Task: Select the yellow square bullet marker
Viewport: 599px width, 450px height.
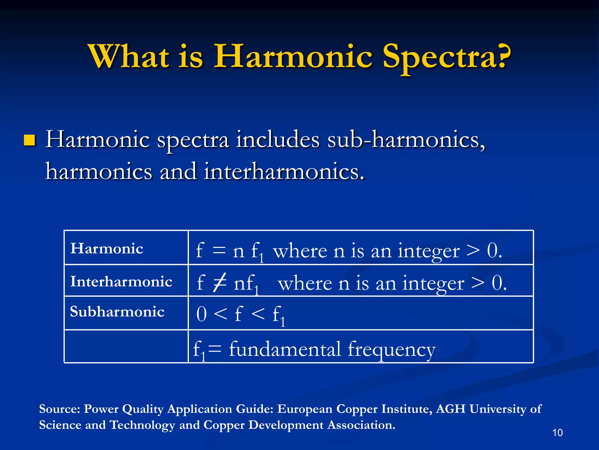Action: pos(29,140)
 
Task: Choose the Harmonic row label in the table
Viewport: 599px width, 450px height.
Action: pos(107,248)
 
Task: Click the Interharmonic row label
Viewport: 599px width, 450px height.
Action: pos(121,282)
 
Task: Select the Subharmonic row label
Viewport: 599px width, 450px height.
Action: pos(117,311)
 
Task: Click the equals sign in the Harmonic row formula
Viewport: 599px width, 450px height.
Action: pos(219,251)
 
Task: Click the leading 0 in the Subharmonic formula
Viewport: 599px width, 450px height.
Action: pos(202,314)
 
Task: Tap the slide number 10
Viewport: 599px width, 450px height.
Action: pos(557,433)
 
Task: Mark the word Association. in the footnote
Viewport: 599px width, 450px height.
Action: pos(361,425)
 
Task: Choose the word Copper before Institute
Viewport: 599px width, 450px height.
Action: pos(355,409)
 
